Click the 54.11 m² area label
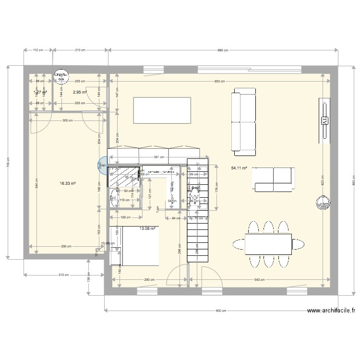pyautogui.click(x=239, y=168)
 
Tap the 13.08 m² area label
pyautogui.click(x=147, y=229)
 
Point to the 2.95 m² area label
pyautogui.click(x=80, y=92)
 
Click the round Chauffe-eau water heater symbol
pyautogui.click(x=60, y=77)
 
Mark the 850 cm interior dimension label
pyautogui.click(x=219, y=82)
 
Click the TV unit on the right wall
pyautogui.click(x=324, y=120)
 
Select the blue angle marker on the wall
pyautogui.click(x=102, y=166)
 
